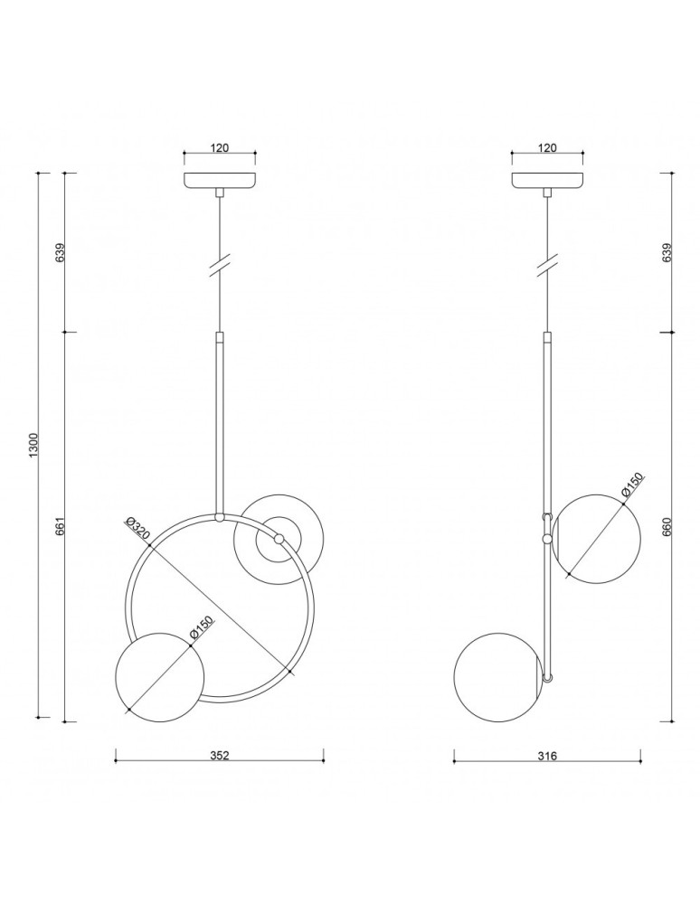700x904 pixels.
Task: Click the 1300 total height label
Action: pyautogui.click(x=33, y=445)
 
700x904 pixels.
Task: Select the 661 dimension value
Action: pyautogui.click(x=60, y=527)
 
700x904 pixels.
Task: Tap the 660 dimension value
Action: pyautogui.click(x=668, y=527)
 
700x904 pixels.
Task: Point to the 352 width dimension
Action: pyautogui.click(x=219, y=756)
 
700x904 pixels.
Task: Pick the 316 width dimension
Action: pyautogui.click(x=546, y=756)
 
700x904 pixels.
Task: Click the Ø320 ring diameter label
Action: pyautogui.click(x=138, y=530)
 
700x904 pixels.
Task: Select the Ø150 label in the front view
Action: pyautogui.click(x=201, y=630)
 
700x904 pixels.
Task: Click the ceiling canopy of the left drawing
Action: pyautogui.click(x=219, y=181)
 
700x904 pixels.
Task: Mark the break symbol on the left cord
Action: pyautogui.click(x=219, y=265)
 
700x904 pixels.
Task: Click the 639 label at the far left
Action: pyautogui.click(x=60, y=252)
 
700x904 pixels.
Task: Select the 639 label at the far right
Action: pyautogui.click(x=668, y=252)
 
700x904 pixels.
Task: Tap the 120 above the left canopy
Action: pyautogui.click(x=219, y=147)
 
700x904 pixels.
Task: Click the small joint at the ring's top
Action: pyautogui.click(x=219, y=517)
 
